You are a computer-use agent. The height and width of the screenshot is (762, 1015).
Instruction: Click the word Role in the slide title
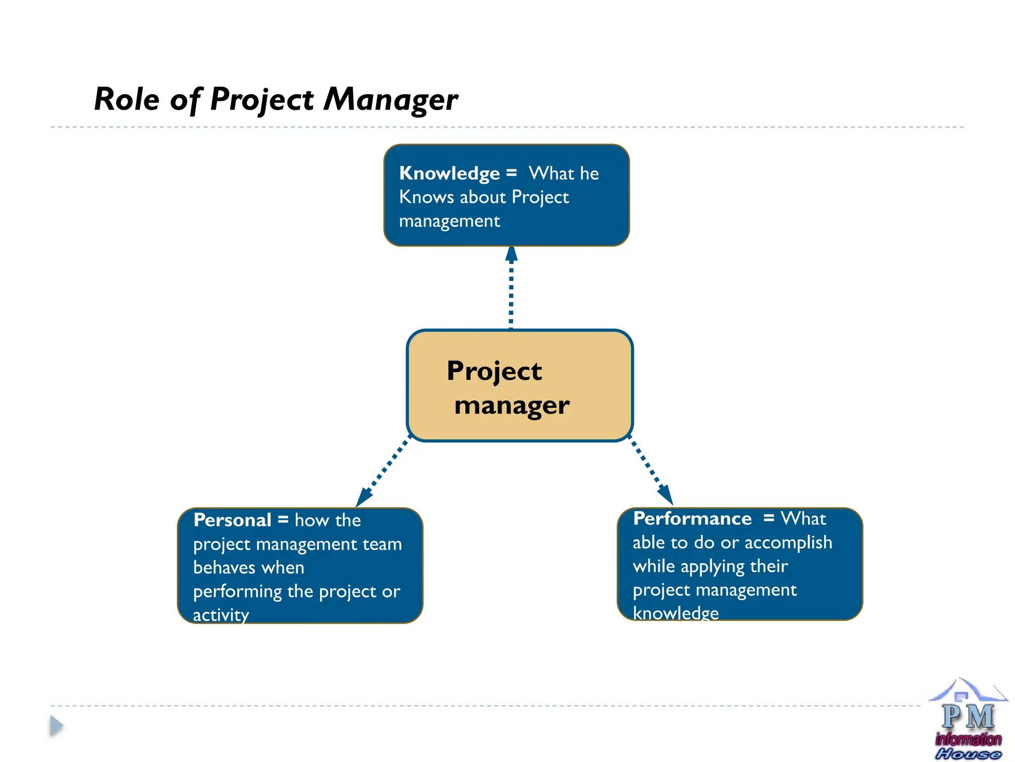pos(126,99)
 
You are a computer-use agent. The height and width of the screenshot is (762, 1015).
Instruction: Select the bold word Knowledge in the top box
pos(450,173)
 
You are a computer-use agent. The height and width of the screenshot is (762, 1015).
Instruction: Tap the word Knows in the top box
pos(427,197)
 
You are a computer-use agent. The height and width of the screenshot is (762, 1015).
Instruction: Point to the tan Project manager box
pos(519,385)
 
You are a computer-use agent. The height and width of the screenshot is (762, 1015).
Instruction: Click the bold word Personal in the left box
pos(232,520)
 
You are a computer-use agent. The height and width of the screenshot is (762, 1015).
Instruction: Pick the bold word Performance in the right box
pos(692,518)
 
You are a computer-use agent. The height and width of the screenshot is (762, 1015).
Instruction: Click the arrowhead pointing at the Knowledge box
pos(511,254)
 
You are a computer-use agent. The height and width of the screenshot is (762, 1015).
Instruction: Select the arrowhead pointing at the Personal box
pos(363,498)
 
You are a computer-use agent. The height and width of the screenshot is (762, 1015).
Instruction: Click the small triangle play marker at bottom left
pos(56,726)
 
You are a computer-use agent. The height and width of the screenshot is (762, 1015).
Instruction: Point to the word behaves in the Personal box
pos(224,568)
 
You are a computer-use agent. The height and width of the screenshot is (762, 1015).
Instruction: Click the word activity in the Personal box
pos(221,615)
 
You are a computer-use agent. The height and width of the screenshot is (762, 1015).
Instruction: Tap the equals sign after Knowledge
pos(511,173)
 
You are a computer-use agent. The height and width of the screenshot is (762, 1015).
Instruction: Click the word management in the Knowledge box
pos(450,221)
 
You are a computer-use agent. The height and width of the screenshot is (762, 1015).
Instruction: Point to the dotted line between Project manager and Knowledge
pos(511,298)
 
